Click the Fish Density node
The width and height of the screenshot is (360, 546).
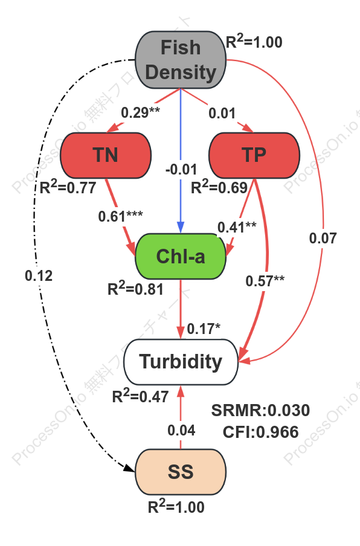tap(181, 60)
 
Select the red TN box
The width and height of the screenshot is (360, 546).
tap(106, 155)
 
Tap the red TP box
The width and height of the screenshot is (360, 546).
tap(254, 155)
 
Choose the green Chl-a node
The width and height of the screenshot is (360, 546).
tap(181, 256)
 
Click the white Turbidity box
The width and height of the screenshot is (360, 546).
tap(181, 362)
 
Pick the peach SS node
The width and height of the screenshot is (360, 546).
tap(181, 472)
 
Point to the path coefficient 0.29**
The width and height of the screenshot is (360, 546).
tap(140, 112)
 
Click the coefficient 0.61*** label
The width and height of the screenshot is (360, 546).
tap(120, 216)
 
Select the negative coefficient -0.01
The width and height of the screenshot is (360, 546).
tap(181, 169)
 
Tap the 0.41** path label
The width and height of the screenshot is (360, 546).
tap(237, 227)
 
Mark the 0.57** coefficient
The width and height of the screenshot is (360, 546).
tap(265, 281)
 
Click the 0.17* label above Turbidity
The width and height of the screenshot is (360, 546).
tap(204, 329)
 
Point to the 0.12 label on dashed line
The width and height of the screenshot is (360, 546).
tap(39, 276)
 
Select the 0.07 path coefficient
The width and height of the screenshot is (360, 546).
tap(323, 238)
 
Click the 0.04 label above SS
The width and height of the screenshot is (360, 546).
tap(181, 431)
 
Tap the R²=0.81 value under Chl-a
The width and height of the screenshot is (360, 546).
tap(135, 288)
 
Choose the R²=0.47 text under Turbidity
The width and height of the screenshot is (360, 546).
tap(140, 396)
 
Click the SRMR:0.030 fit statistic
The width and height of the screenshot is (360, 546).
tap(260, 410)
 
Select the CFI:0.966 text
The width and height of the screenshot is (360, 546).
tap(260, 432)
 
